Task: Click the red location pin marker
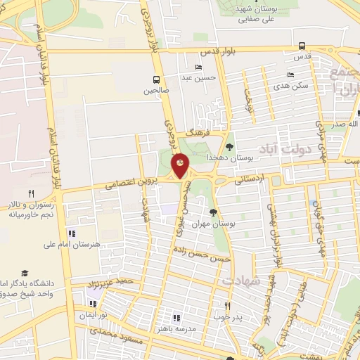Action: (x=180, y=166)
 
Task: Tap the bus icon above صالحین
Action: (x=156, y=79)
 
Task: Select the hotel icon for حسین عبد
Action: (x=199, y=67)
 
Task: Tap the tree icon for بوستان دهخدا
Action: (x=229, y=146)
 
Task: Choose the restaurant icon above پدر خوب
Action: (x=227, y=306)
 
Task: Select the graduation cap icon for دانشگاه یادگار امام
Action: (x=25, y=273)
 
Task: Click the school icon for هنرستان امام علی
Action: (x=71, y=233)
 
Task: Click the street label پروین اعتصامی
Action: (x=129, y=182)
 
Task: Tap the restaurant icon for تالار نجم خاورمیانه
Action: (x=30, y=193)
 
